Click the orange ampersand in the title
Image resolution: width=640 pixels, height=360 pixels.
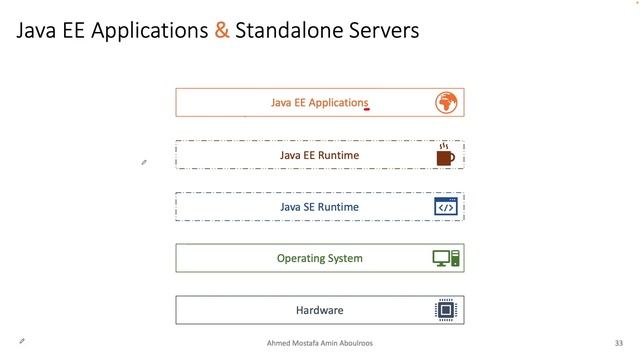221,31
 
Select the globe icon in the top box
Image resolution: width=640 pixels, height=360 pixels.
446,102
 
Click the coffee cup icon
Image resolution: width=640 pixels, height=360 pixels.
445,156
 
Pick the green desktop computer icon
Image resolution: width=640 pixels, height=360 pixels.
446,258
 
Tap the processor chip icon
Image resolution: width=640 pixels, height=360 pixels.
445,310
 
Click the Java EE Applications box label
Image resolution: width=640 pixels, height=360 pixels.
319,102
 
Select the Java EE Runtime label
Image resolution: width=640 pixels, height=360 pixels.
319,155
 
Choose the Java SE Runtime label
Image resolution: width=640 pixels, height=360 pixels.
319,207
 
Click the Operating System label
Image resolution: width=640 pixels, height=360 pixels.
319,258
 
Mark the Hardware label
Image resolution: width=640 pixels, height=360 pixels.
319,310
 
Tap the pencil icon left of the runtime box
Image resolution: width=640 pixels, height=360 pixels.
144,161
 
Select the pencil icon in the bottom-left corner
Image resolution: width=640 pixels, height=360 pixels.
22,341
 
